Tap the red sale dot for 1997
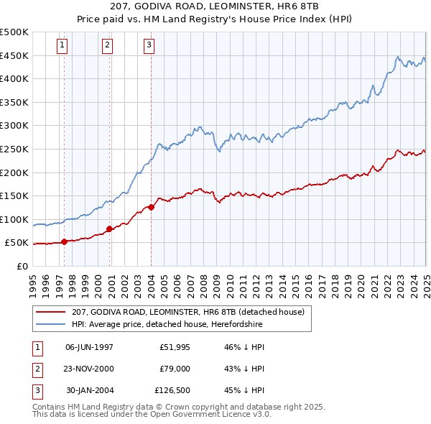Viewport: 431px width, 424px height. (65, 241)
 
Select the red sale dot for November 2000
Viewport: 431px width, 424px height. (110, 229)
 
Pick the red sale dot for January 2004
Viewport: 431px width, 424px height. (152, 207)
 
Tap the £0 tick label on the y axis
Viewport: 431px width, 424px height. (22, 267)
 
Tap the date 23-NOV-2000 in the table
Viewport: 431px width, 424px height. (89, 369)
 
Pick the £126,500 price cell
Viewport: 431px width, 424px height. (172, 390)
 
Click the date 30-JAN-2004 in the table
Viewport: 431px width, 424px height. (89, 390)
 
